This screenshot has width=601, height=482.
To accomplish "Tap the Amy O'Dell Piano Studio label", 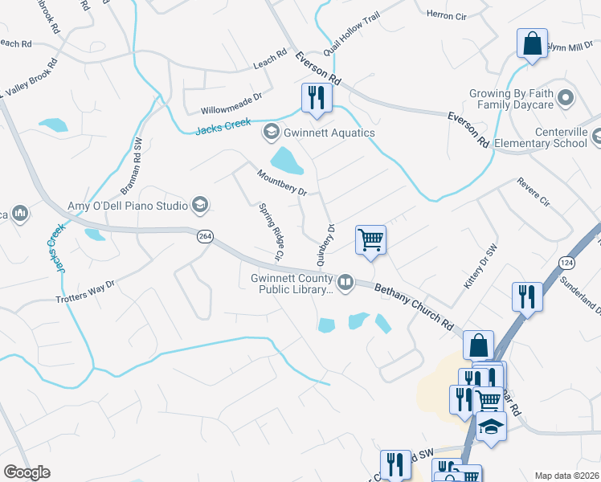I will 127,206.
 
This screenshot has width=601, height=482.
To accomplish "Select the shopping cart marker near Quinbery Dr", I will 370,239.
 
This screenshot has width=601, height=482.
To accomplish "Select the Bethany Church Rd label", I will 414,304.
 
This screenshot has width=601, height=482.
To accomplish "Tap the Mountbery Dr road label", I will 282,182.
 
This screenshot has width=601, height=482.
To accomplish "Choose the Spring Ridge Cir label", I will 271,231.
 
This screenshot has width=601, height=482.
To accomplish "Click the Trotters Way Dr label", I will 86,291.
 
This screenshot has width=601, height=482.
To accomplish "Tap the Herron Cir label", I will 446,14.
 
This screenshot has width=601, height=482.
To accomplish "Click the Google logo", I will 27,472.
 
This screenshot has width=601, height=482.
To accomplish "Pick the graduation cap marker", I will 491,427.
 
